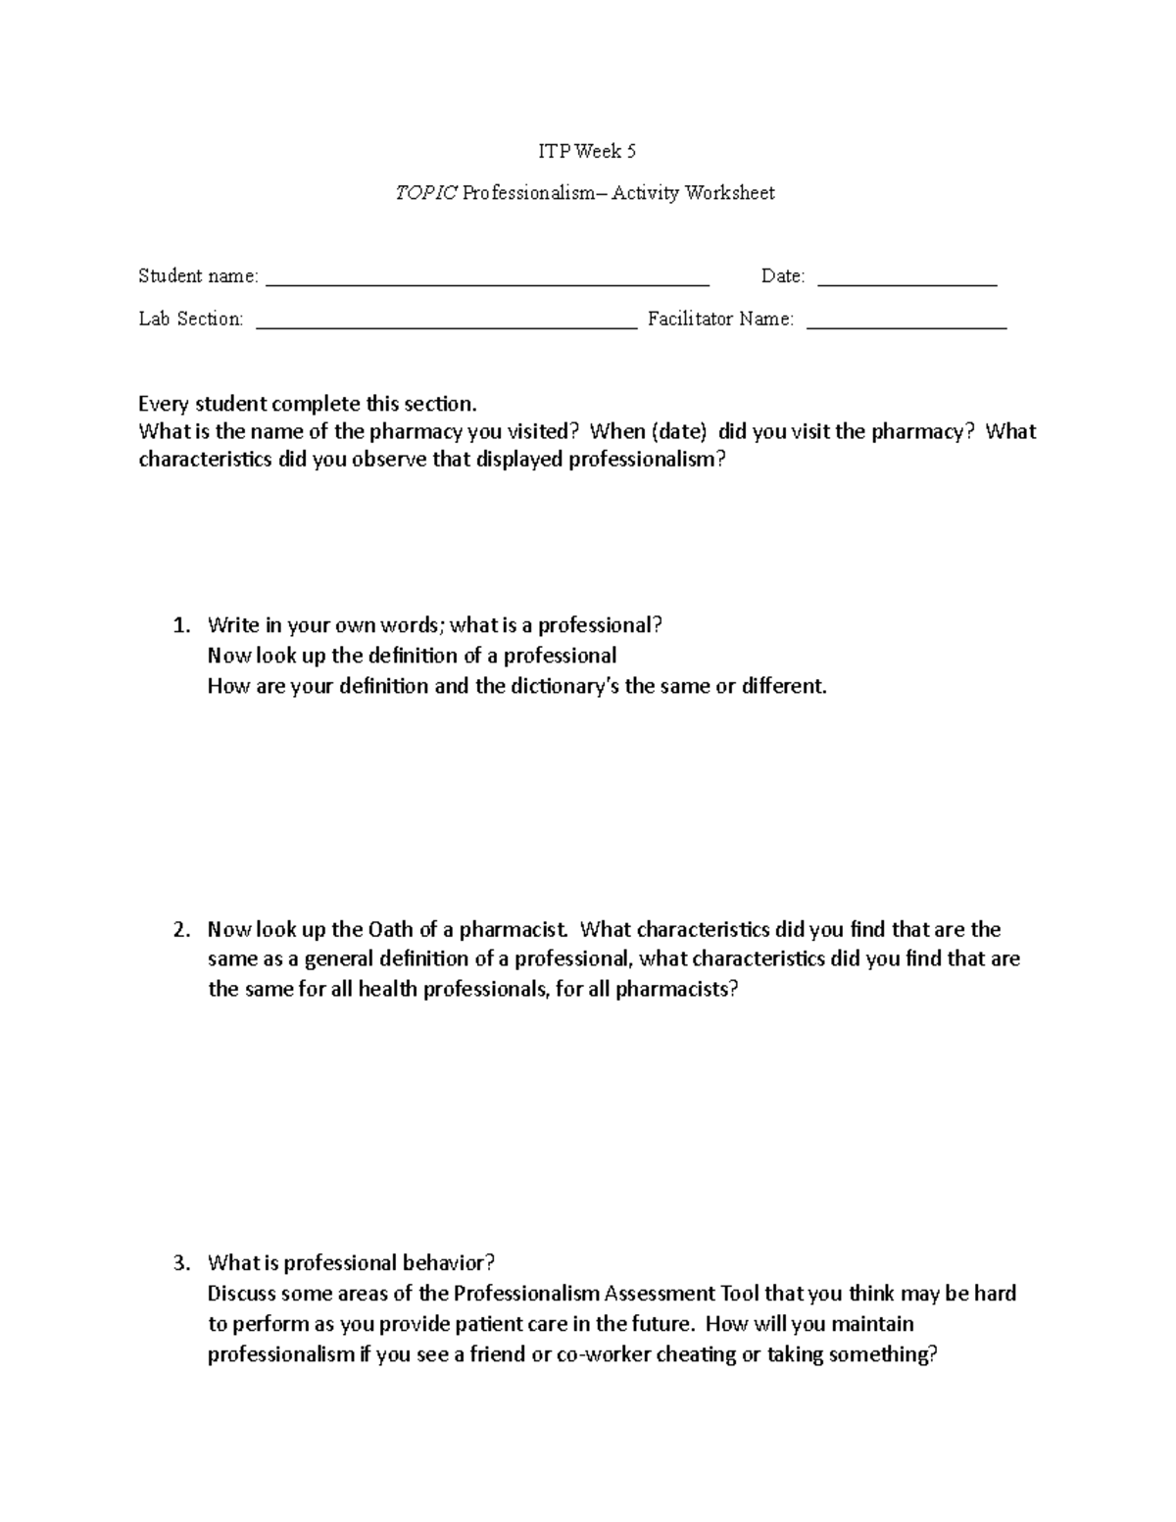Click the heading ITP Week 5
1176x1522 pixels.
[x=587, y=151]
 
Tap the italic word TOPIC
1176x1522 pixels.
[x=425, y=193]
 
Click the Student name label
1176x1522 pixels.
[x=198, y=276]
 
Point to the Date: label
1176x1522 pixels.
[x=783, y=276]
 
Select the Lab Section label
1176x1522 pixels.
[x=190, y=319]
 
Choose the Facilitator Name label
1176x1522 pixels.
[x=720, y=319]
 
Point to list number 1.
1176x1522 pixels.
[x=178, y=625]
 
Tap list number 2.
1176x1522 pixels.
[x=178, y=929]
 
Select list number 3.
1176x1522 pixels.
[x=178, y=1262]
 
